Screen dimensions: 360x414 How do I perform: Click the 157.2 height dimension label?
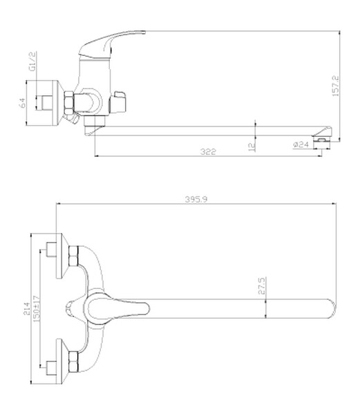click(x=335, y=86)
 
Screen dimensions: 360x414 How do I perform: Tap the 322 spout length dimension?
click(x=208, y=151)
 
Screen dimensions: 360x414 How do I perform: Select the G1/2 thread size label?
click(x=32, y=62)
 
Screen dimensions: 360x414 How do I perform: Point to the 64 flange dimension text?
click(x=22, y=103)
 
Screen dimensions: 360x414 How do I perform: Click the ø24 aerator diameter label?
click(x=301, y=144)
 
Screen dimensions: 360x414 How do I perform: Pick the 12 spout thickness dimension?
click(x=252, y=147)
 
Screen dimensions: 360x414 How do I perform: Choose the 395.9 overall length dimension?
click(x=196, y=199)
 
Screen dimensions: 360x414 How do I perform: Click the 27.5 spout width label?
click(x=261, y=285)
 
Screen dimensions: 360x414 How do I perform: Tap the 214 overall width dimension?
click(x=27, y=308)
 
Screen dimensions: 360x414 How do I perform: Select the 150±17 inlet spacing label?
click(x=37, y=308)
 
